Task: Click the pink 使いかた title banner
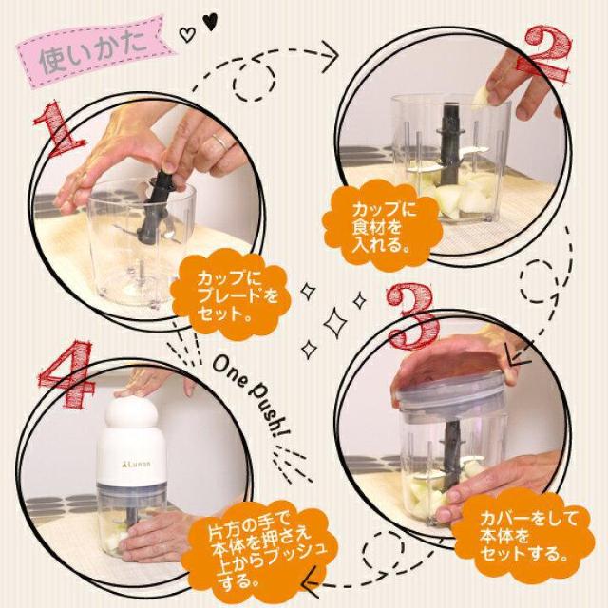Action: click(x=95, y=51)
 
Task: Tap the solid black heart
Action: click(x=210, y=22)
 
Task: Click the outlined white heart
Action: click(x=187, y=35)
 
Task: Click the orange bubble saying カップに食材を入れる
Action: click(x=382, y=226)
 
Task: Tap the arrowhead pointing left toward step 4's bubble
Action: click(x=313, y=582)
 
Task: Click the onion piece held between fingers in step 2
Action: click(x=480, y=95)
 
